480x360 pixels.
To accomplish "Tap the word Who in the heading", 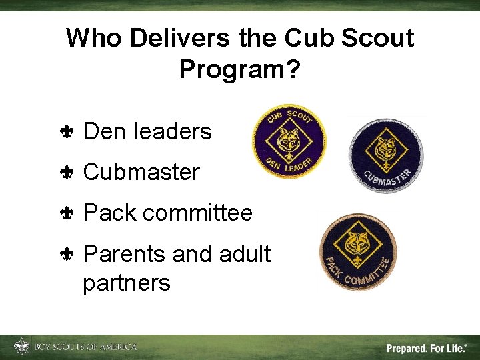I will tap(93, 39).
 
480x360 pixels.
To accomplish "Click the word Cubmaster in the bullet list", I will tap(141, 172).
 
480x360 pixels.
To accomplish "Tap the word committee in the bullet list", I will tap(197, 213).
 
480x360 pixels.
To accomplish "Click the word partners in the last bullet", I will tap(126, 283).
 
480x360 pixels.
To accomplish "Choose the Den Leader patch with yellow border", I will tap(289, 141).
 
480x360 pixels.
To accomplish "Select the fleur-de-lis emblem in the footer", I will tap(21, 347).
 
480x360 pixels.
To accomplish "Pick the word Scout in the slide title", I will tap(377, 39).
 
